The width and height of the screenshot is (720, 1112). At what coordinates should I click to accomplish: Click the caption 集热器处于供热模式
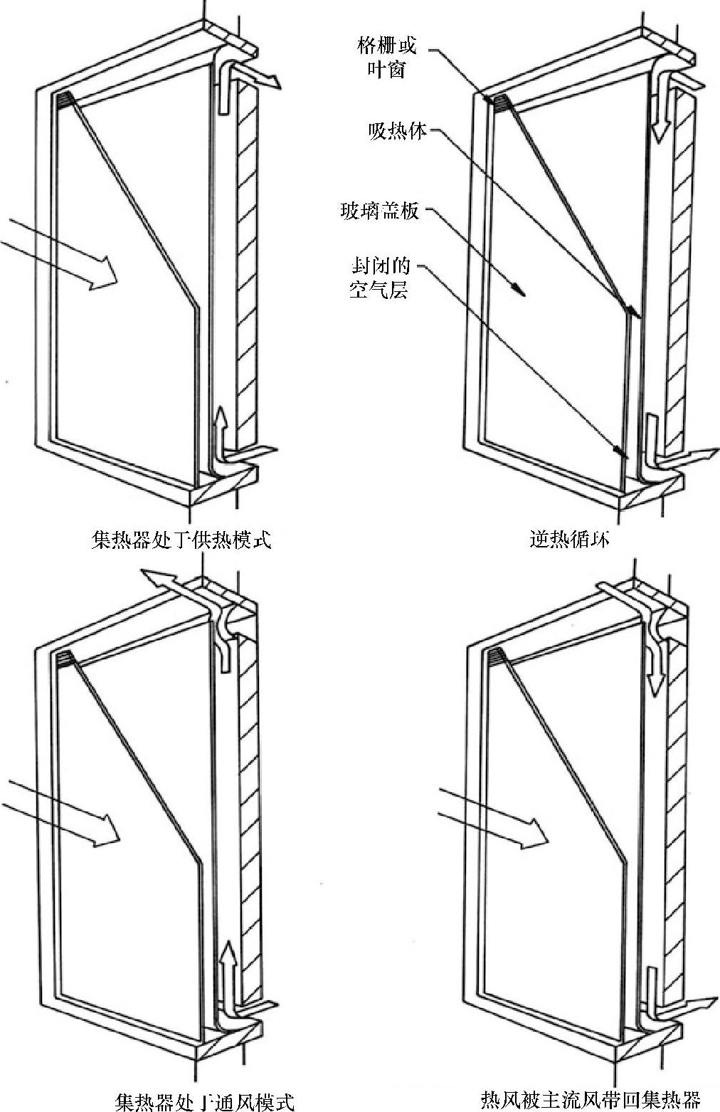click(x=182, y=539)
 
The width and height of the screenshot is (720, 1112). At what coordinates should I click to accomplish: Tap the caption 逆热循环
click(x=569, y=539)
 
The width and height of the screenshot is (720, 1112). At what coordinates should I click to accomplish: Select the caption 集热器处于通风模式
click(x=204, y=1101)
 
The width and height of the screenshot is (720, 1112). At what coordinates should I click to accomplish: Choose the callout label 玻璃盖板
click(x=380, y=211)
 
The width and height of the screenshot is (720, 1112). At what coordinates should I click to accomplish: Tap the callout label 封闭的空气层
click(x=380, y=278)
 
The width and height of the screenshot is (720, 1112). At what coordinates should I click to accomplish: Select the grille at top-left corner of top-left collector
click(x=65, y=100)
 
